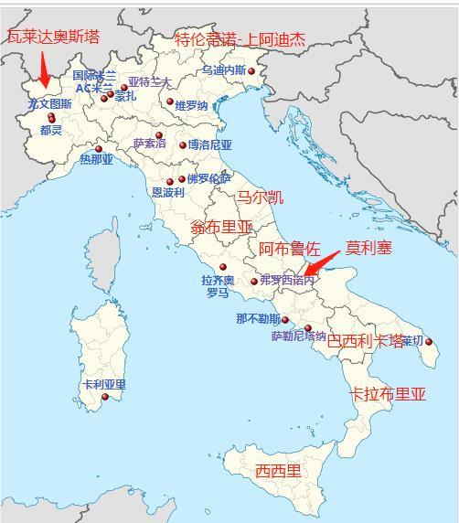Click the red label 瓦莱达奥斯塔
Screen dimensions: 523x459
(x=52, y=37)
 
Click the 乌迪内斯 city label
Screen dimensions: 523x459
(x=223, y=69)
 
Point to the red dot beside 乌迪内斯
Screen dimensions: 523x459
(x=251, y=71)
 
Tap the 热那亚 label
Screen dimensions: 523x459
(x=96, y=160)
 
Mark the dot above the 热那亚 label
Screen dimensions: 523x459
(x=99, y=148)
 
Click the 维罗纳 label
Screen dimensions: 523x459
(x=191, y=105)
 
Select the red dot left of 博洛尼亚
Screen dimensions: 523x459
(x=183, y=145)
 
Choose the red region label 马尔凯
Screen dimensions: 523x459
(x=260, y=197)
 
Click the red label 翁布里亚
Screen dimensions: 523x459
(x=222, y=226)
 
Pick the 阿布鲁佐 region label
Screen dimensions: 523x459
(x=289, y=248)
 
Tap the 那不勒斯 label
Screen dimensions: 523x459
(x=258, y=319)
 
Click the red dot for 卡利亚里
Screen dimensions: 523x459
(x=105, y=397)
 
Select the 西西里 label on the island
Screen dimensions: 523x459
(x=278, y=471)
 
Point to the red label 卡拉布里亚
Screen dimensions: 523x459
(x=388, y=394)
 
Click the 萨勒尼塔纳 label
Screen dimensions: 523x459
(x=298, y=336)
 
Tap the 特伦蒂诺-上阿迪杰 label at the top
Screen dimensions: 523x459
(x=240, y=39)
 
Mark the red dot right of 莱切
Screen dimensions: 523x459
(x=429, y=343)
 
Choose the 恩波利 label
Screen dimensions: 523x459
(x=168, y=193)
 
